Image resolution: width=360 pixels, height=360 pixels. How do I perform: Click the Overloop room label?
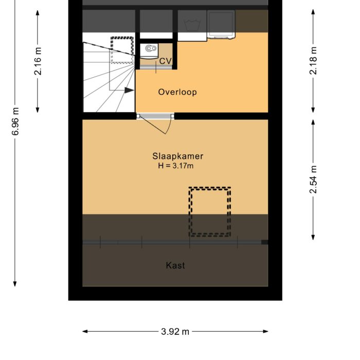click(177, 93)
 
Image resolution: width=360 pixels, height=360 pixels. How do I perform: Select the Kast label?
click(175, 266)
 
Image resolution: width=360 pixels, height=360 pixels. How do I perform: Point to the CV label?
click(165, 62)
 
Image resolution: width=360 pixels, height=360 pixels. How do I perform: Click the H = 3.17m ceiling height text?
click(175, 166)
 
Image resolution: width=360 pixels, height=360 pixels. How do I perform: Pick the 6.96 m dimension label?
click(15, 122)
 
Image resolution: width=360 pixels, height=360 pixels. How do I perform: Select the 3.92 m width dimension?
click(175, 332)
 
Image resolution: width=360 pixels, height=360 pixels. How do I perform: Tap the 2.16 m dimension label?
click(38, 61)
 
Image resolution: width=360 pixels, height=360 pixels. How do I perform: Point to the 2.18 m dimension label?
click(313, 61)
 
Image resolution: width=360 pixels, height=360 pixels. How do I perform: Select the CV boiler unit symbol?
click(150, 50)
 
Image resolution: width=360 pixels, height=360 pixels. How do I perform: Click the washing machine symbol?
click(192, 25)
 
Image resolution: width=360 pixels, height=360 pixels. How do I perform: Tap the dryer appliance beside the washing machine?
click(222, 25)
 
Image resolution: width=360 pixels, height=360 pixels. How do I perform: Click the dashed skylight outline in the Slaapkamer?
click(209, 212)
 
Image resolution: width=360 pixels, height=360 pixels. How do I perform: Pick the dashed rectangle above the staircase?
click(122, 49)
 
